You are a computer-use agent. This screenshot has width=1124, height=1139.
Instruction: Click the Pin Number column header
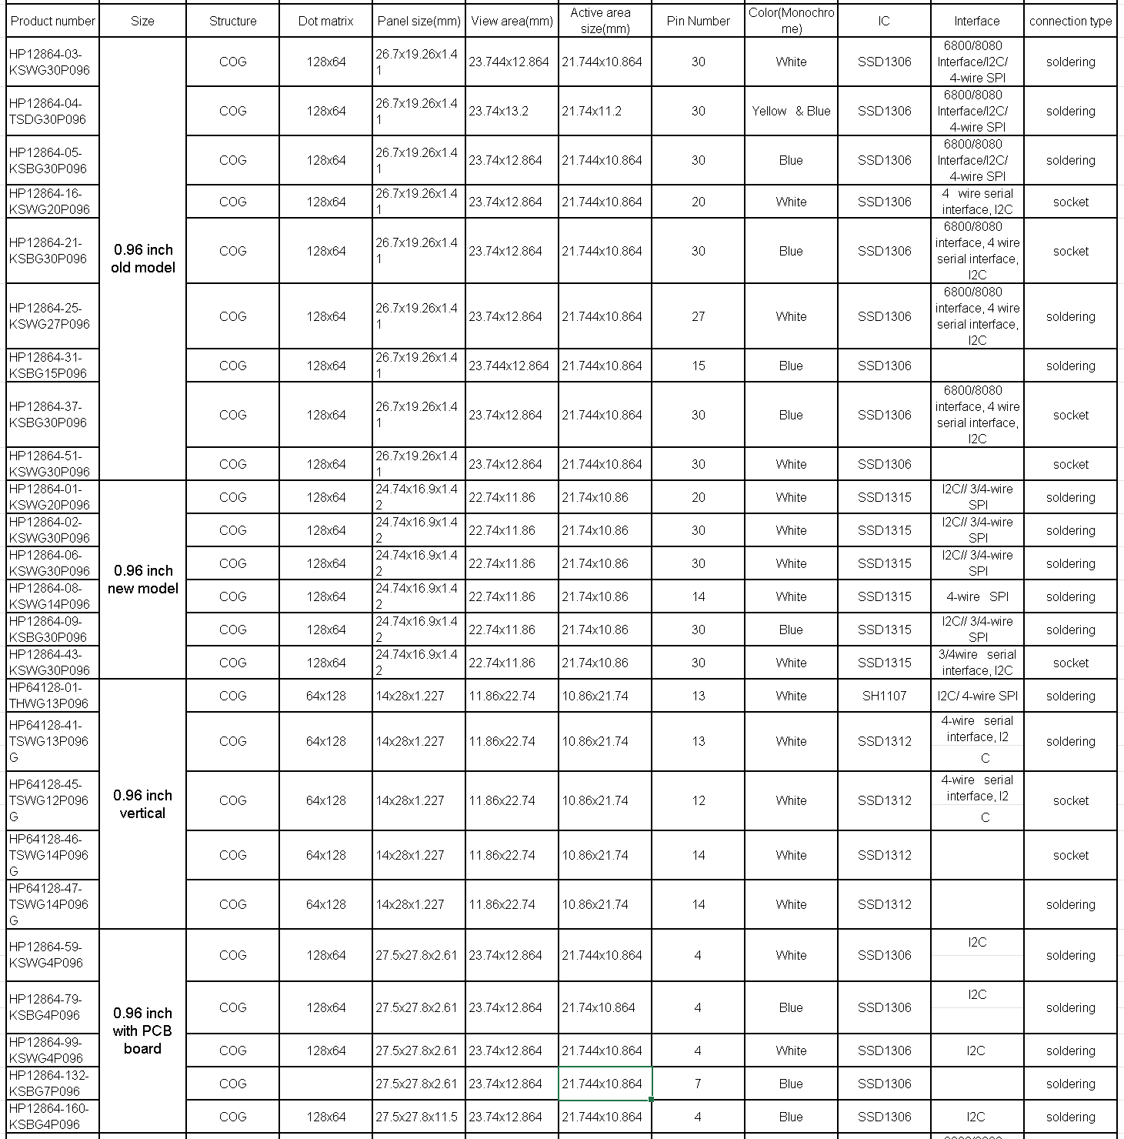click(698, 21)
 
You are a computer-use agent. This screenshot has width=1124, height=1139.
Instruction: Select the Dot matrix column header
click(325, 21)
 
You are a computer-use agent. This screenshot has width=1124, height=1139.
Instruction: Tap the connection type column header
click(1070, 21)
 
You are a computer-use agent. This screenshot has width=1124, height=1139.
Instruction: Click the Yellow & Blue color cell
click(791, 111)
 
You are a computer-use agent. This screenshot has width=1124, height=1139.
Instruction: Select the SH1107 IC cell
click(884, 696)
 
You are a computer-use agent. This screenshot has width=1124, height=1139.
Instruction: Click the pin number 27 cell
click(698, 316)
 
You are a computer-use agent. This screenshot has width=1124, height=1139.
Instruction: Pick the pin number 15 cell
click(698, 366)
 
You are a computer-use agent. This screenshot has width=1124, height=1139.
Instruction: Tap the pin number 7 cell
click(698, 1084)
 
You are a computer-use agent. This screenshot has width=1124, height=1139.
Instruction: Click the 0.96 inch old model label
click(142, 259)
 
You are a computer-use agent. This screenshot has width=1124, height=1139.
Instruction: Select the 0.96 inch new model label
click(142, 580)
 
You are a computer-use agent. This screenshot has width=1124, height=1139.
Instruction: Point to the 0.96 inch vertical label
click(142, 804)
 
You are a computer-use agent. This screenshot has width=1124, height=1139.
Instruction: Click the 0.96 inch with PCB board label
click(142, 1030)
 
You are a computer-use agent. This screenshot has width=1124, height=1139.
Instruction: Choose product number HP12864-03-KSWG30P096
click(50, 62)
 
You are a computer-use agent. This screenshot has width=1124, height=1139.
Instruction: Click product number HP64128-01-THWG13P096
click(49, 696)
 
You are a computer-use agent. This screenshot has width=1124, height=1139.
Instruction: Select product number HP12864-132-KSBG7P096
click(49, 1084)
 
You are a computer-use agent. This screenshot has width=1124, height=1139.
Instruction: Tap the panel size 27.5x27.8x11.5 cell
click(416, 1117)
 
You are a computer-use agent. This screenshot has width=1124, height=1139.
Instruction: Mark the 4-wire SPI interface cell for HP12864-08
click(977, 596)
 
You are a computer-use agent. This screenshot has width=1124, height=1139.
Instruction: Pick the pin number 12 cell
click(698, 800)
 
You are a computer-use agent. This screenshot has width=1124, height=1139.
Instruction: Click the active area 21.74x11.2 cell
click(591, 111)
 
